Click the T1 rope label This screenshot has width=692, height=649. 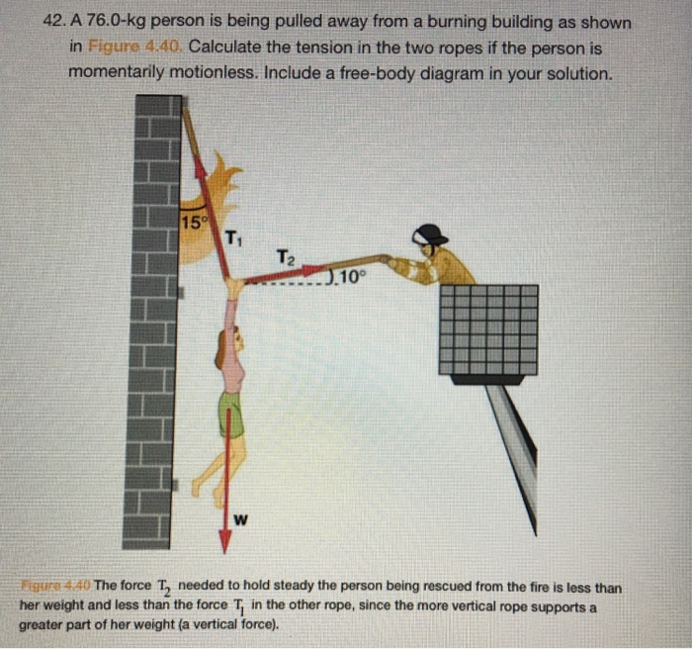point(230,237)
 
